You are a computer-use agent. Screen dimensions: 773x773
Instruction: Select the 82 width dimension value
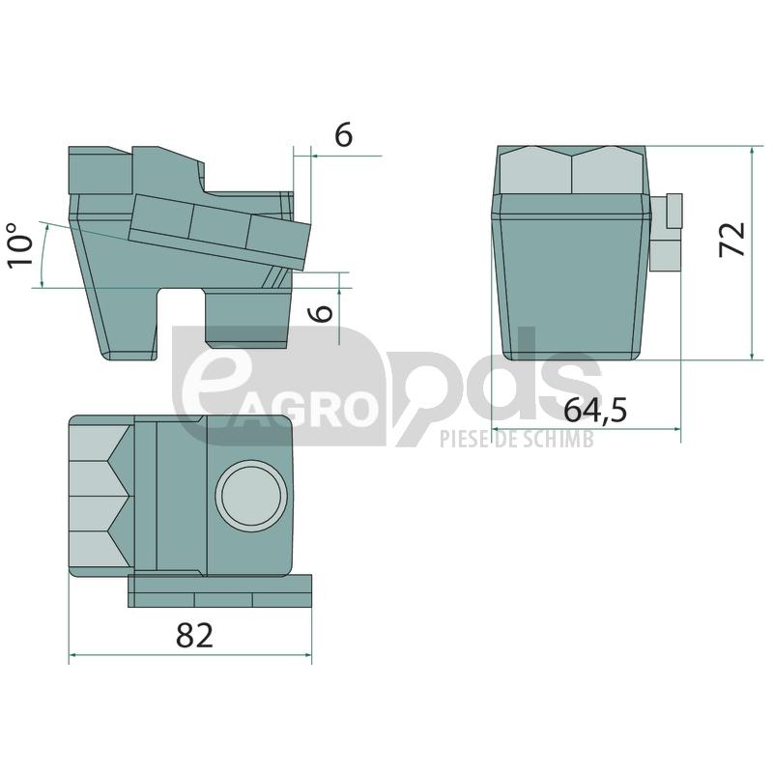195,636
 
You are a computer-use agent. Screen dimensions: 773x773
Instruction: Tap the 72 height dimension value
732,240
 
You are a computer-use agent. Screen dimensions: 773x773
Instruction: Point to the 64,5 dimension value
595,410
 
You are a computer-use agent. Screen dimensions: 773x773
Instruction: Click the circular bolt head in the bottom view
251,496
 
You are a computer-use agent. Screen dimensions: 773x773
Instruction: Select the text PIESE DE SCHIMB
517,439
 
